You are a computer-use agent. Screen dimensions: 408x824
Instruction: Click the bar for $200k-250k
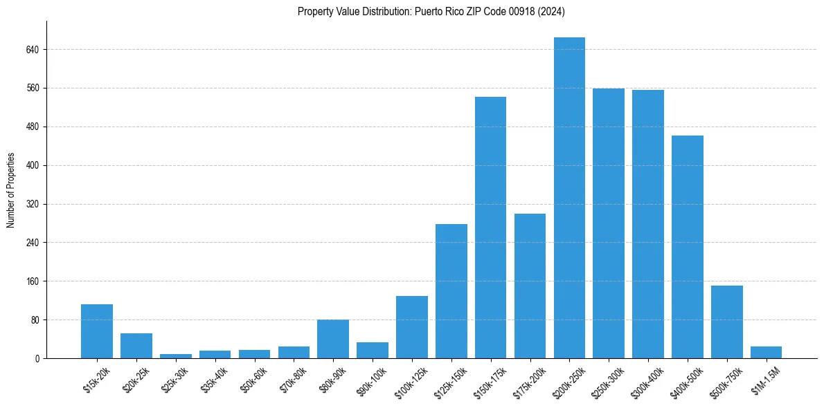[569, 198]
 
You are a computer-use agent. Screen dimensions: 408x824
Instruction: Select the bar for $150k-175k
[490, 228]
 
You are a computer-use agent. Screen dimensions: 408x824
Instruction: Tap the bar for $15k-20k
[97, 331]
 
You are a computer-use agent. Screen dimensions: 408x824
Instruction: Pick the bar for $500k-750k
[727, 322]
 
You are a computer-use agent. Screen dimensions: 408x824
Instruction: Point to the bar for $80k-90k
[333, 339]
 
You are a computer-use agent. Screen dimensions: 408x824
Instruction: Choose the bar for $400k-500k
[688, 247]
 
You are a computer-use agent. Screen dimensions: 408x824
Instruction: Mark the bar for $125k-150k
[451, 291]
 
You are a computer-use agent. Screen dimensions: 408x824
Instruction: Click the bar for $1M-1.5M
[766, 352]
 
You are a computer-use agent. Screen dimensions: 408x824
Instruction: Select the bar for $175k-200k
[530, 286]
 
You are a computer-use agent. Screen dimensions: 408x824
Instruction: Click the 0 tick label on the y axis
[37, 358]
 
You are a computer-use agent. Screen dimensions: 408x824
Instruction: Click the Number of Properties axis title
[10, 190]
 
